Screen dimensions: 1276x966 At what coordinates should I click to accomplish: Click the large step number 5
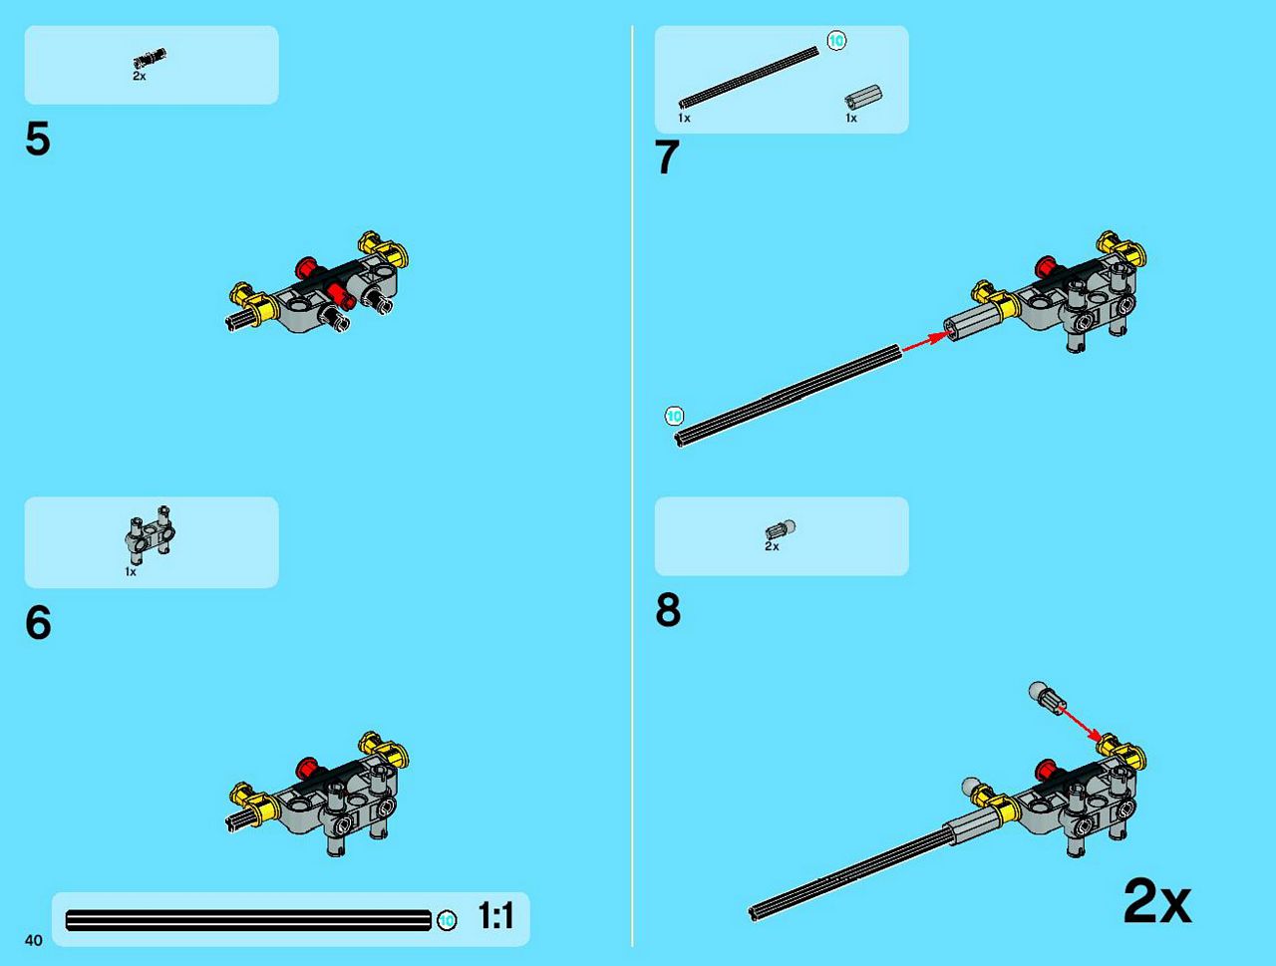[38, 140]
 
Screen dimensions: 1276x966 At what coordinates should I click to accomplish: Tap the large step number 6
[38, 622]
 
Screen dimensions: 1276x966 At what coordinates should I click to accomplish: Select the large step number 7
[667, 157]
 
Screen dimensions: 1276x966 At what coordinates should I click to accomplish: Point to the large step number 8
[668, 610]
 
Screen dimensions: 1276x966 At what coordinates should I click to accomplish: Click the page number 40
[34, 940]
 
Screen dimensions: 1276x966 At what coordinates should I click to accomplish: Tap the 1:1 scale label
[495, 916]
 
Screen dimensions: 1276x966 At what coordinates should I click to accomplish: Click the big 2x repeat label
[1156, 902]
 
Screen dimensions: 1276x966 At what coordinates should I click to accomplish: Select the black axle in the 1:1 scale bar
[249, 921]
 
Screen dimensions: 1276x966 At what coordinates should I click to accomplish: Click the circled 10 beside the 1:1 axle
[447, 921]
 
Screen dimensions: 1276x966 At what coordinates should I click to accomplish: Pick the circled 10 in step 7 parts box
[836, 41]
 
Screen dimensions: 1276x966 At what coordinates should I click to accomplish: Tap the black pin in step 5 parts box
[150, 59]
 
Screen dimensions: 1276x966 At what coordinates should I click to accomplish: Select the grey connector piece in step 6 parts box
[150, 534]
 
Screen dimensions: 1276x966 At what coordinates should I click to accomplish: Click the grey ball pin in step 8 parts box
[781, 529]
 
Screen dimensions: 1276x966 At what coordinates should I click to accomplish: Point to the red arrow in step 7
[927, 342]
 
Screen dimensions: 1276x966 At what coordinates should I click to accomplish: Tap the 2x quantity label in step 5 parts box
[140, 76]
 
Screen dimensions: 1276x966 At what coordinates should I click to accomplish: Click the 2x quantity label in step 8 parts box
[772, 546]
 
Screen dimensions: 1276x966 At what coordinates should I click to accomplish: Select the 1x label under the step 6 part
[131, 572]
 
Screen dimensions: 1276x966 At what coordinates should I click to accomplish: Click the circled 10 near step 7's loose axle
[674, 416]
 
